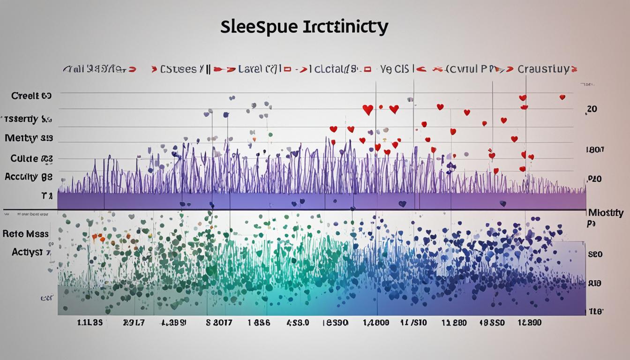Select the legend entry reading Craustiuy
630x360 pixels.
[x=543, y=69]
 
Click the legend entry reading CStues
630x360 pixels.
[x=178, y=69]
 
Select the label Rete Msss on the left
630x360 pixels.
[x=25, y=233]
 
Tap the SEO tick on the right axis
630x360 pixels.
[x=595, y=255]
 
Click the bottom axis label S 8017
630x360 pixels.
[x=219, y=323]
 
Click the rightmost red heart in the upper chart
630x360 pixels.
[x=562, y=97]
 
